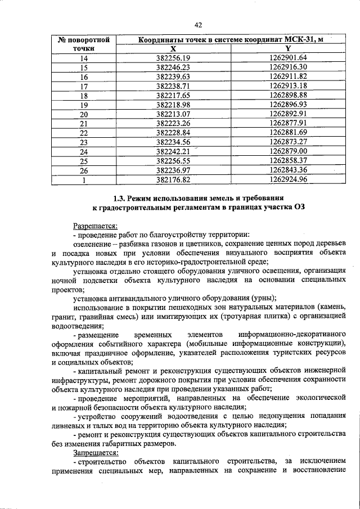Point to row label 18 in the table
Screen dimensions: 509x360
84,96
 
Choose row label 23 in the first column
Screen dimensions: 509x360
84,142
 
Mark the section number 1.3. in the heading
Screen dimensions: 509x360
122,199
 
